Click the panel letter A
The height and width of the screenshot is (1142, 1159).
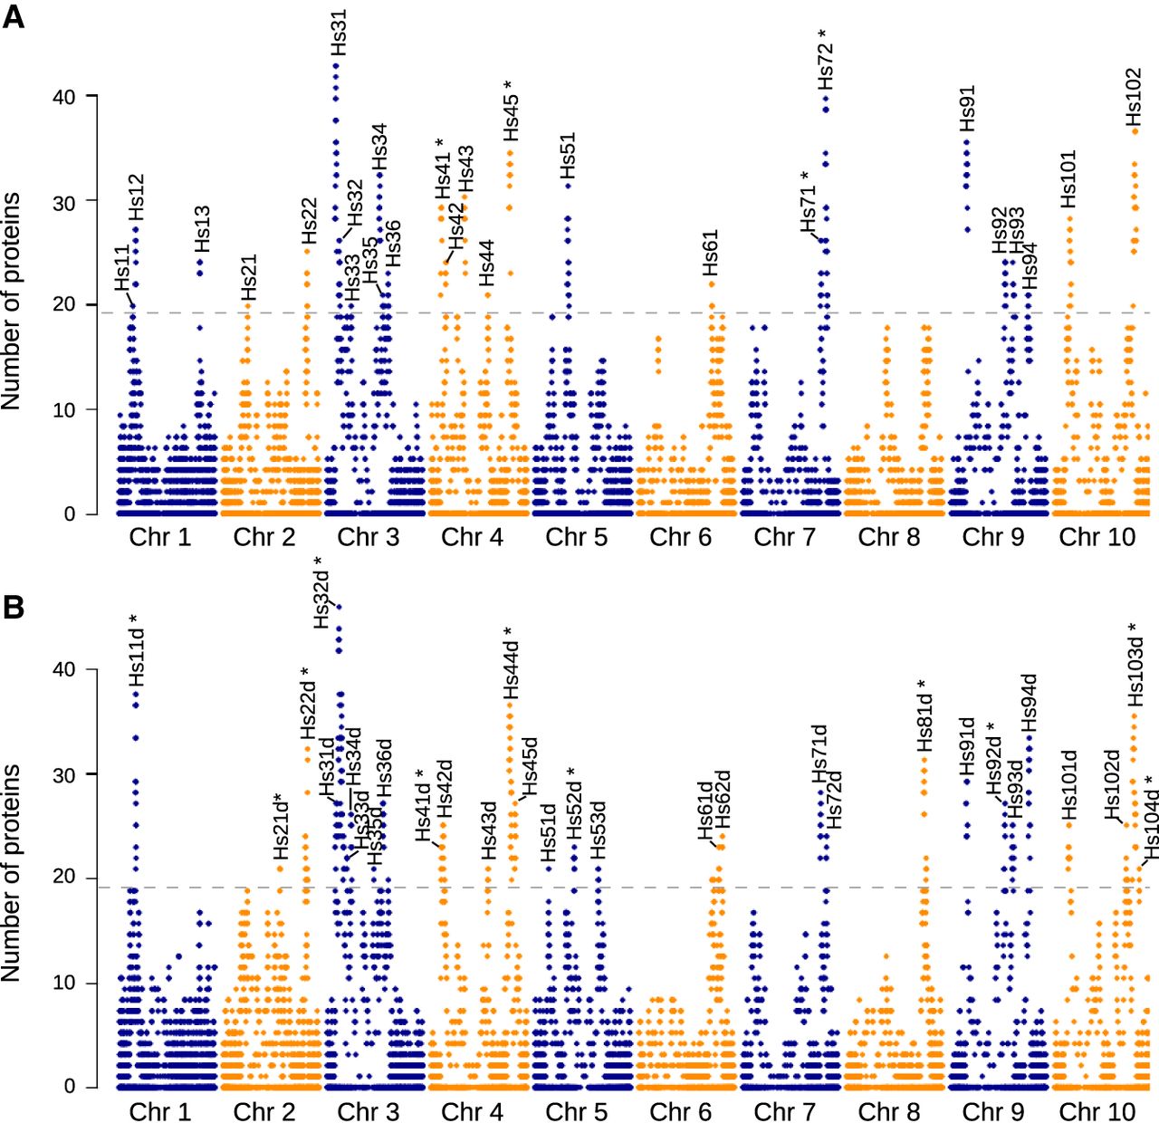coord(14,16)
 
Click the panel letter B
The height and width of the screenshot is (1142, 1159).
coord(14,607)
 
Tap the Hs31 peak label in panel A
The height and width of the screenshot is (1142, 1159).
coord(339,33)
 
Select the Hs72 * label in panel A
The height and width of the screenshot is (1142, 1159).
coord(825,60)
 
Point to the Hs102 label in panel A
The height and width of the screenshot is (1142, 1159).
coord(1134,97)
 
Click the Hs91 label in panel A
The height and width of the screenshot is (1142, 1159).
coord(967,110)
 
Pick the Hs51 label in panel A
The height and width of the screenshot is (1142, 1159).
coord(568,156)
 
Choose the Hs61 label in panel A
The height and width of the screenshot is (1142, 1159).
coord(711,253)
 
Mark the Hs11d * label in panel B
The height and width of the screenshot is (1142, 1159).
coord(136,651)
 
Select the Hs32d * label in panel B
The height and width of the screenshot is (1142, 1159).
coord(322,592)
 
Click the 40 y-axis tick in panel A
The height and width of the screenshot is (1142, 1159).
coord(63,97)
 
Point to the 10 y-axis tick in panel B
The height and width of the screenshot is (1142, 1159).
coord(63,983)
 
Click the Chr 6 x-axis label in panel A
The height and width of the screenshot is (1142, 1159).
coord(680,537)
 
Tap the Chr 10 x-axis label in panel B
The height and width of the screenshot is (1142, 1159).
coord(1097,1112)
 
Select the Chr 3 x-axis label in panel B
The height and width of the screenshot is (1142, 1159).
coord(368,1112)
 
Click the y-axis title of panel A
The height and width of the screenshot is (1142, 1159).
coord(11,302)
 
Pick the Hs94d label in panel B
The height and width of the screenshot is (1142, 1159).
coord(1030,702)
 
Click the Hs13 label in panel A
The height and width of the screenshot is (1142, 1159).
coord(202,229)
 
